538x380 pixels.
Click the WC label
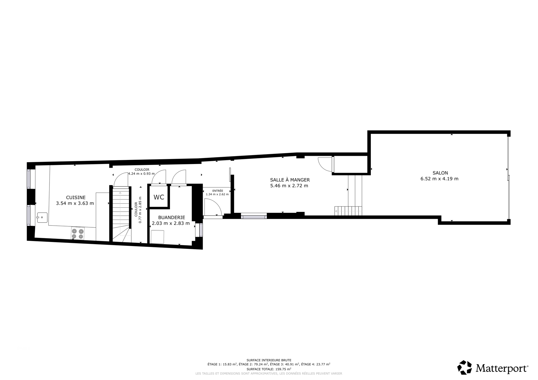coord(159,197)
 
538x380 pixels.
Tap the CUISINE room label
coord(75,198)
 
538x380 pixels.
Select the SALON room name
coord(440,173)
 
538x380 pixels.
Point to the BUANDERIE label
coord(172,218)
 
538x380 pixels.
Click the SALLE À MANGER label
coord(290,180)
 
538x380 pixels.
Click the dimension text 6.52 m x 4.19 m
coord(440,179)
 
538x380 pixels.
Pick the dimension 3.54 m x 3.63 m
coord(75,204)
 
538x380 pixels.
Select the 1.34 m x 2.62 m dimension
coord(217,194)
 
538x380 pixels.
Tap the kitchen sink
coord(42,218)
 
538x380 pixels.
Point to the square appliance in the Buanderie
coord(157,237)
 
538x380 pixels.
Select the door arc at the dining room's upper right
coord(325,164)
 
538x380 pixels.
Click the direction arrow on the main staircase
coord(120,193)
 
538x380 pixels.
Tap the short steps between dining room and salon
coord(348,211)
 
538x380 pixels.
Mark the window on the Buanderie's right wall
coord(201,230)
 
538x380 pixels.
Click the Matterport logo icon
coord(464,367)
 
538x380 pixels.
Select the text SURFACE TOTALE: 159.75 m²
coord(269,369)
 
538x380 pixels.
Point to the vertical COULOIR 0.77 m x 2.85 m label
coord(138,210)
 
